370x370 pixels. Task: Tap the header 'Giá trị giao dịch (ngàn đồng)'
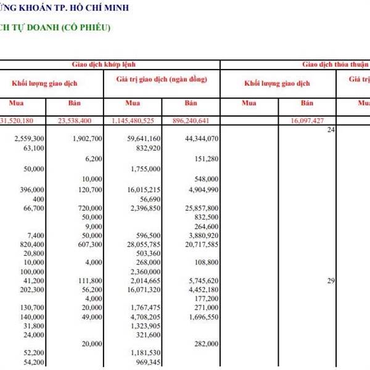click(x=162, y=80)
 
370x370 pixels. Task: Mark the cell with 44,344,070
click(x=202, y=139)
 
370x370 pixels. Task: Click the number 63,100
click(x=33, y=149)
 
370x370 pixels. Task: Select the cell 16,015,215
click(x=144, y=189)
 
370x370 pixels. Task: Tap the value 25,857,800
click(x=202, y=208)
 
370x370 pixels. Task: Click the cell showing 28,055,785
click(x=144, y=244)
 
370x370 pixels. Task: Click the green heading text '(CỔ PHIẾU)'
click(x=86, y=28)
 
